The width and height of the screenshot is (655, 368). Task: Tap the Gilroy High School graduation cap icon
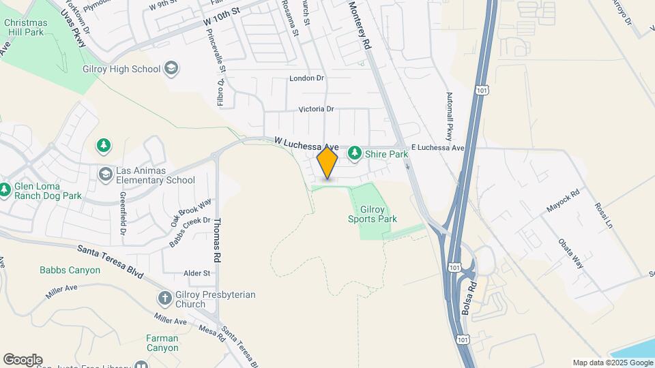(171, 69)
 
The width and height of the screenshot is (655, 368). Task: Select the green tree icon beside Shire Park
(354, 154)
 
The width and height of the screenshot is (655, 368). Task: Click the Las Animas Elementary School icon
(104, 175)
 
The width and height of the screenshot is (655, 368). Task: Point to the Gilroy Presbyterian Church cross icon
(164, 298)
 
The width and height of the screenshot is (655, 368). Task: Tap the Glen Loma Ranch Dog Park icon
(5, 189)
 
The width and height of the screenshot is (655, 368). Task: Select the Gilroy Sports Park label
(373, 213)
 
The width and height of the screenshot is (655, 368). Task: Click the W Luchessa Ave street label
(306, 144)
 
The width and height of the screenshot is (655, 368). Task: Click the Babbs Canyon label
(70, 270)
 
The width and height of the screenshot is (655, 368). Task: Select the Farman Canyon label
(162, 343)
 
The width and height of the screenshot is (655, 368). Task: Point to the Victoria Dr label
(316, 109)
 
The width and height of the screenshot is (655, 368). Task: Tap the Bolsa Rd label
(467, 294)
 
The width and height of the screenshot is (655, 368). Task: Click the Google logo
(23, 359)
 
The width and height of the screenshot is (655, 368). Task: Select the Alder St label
(197, 273)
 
